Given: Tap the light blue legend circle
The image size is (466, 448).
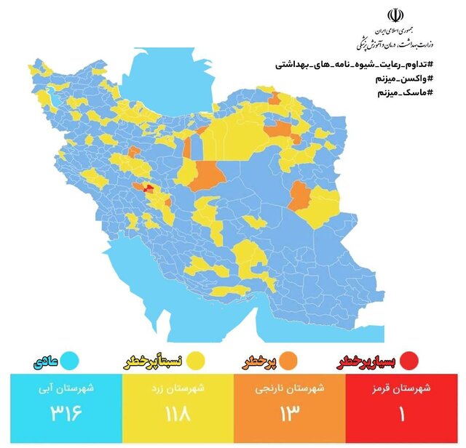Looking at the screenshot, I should [x=70, y=360].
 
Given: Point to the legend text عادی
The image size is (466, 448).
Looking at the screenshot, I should [x=44, y=360].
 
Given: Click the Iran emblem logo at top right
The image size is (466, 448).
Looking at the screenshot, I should [x=394, y=16].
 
